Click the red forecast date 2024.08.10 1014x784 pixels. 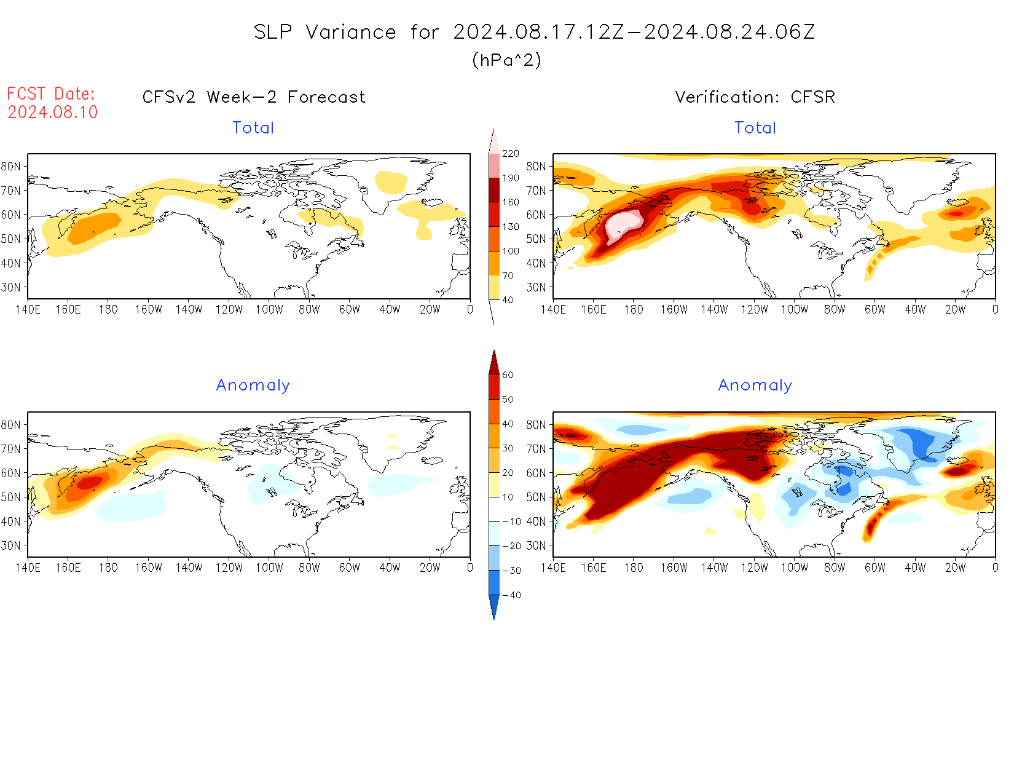coord(53,112)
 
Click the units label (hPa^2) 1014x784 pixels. coord(506,60)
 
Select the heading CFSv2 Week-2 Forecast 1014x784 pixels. coord(254,97)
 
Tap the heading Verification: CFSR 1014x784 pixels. coord(755,97)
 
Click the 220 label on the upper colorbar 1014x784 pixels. coord(510,153)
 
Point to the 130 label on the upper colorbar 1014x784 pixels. coord(510,226)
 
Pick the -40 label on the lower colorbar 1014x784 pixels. coord(511,595)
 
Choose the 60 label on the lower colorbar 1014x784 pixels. coord(508,374)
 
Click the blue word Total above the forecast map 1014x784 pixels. coord(253,128)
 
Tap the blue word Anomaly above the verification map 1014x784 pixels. coord(755,385)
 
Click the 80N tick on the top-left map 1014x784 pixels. coord(11,166)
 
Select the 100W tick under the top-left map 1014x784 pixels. coord(269,309)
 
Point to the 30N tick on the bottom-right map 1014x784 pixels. coord(536,545)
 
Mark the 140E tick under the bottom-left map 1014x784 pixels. coord(28,568)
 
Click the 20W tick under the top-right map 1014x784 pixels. coord(955,309)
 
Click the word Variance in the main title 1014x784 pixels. coord(351,32)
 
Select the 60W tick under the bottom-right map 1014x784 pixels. coord(874,568)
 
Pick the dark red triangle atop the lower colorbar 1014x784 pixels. coord(493,363)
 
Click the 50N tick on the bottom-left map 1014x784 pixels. coord(11,497)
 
